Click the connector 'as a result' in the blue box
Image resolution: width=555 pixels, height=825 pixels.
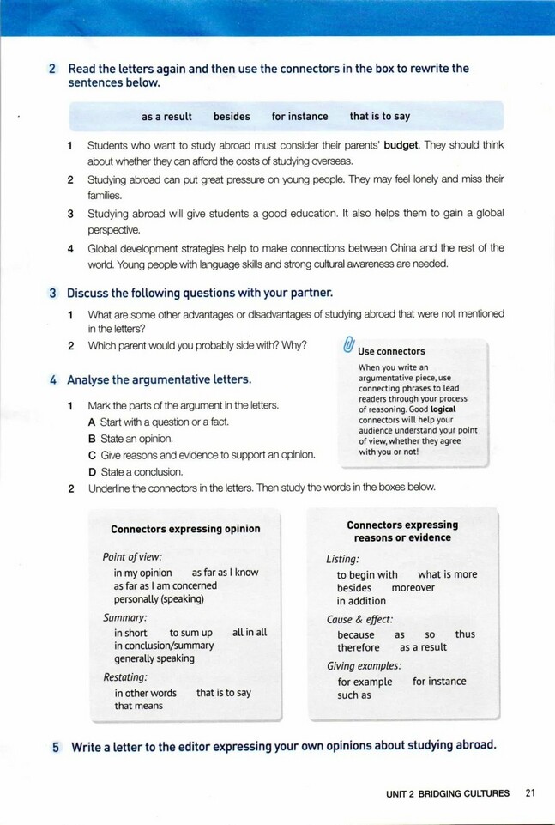166,117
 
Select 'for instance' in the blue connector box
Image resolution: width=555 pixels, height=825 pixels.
299,117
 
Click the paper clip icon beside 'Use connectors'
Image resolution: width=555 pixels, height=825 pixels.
347,345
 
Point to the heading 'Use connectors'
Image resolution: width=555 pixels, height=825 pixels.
391,351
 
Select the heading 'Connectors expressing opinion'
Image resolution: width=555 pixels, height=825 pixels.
185,529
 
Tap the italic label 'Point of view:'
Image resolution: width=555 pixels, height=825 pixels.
132,556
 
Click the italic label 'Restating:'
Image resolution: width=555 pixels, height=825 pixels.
125,676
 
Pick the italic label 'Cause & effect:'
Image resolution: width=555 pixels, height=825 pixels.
359,619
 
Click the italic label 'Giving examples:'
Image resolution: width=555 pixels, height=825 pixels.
364,665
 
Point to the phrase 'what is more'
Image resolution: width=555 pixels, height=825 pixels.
447,574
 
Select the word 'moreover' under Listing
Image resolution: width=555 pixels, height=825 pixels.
413,588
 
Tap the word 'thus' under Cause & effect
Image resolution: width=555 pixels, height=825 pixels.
465,634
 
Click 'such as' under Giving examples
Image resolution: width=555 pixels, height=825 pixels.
353,695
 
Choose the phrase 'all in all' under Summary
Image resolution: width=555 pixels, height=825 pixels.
250,633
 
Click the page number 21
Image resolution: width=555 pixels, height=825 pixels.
529,793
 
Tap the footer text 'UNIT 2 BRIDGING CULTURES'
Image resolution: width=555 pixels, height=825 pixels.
447,793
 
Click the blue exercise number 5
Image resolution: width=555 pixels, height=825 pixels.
55,747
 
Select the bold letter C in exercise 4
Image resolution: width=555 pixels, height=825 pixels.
91,455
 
